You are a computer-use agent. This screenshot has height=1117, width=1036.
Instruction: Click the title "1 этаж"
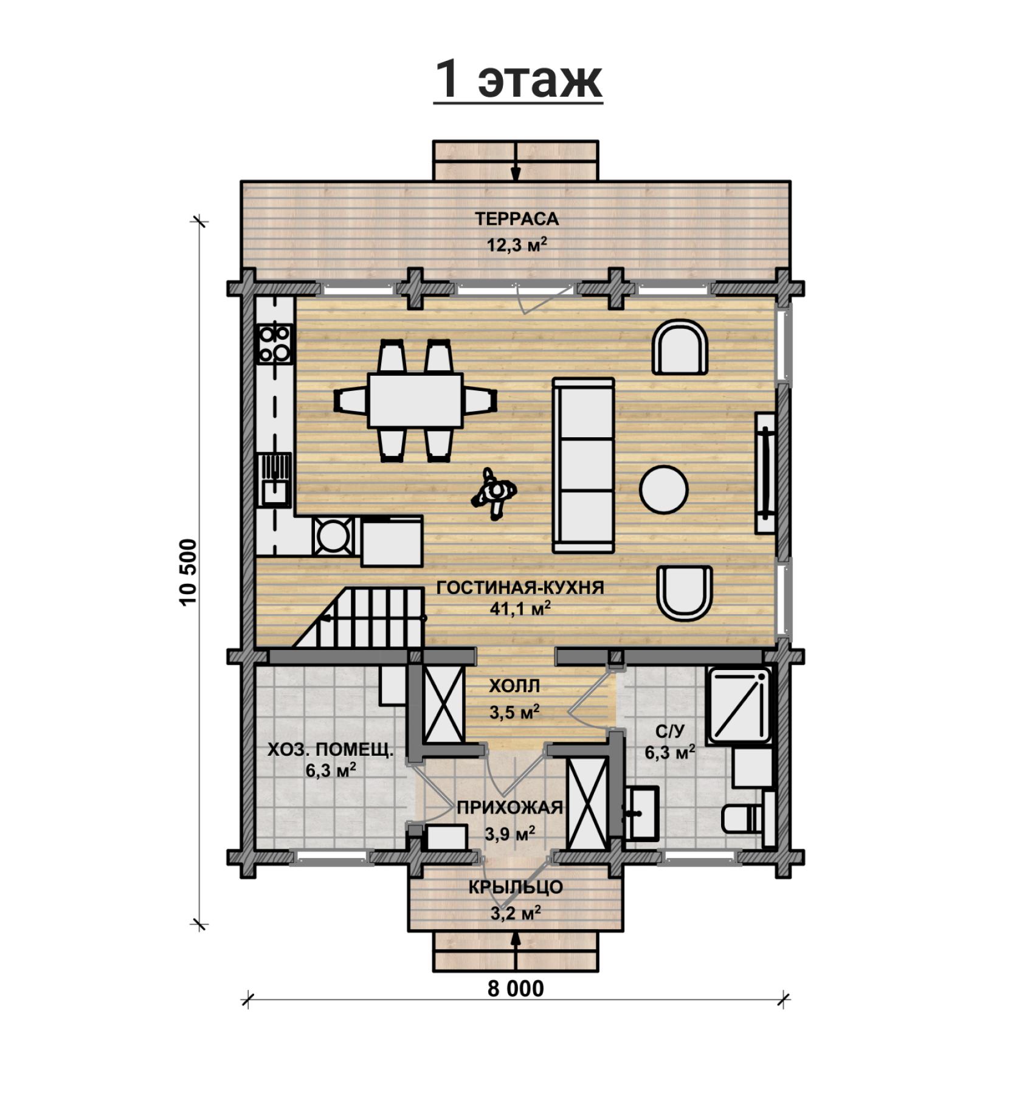518,79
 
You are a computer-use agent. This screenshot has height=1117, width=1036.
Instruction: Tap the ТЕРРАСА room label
517,219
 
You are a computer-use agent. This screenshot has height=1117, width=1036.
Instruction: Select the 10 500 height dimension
188,572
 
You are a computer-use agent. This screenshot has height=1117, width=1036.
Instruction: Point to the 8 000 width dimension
516,989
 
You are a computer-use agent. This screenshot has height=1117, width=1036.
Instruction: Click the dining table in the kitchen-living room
415,400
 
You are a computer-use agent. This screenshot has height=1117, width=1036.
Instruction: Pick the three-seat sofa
583,465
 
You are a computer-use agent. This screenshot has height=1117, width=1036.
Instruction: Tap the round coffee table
664,489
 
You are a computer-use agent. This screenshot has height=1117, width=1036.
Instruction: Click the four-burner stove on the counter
275,344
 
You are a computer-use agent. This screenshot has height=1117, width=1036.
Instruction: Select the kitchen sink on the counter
275,480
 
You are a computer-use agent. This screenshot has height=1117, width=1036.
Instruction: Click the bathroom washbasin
642,813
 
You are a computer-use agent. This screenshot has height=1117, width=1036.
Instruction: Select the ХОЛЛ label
514,686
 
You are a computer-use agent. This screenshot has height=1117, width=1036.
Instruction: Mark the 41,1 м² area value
520,608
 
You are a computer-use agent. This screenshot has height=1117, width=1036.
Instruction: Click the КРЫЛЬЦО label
516,887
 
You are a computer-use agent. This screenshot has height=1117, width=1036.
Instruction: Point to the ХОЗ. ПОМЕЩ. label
331,750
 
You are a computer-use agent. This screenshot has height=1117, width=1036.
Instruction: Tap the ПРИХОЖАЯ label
510,807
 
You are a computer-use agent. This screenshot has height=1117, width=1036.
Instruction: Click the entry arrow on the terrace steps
516,161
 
